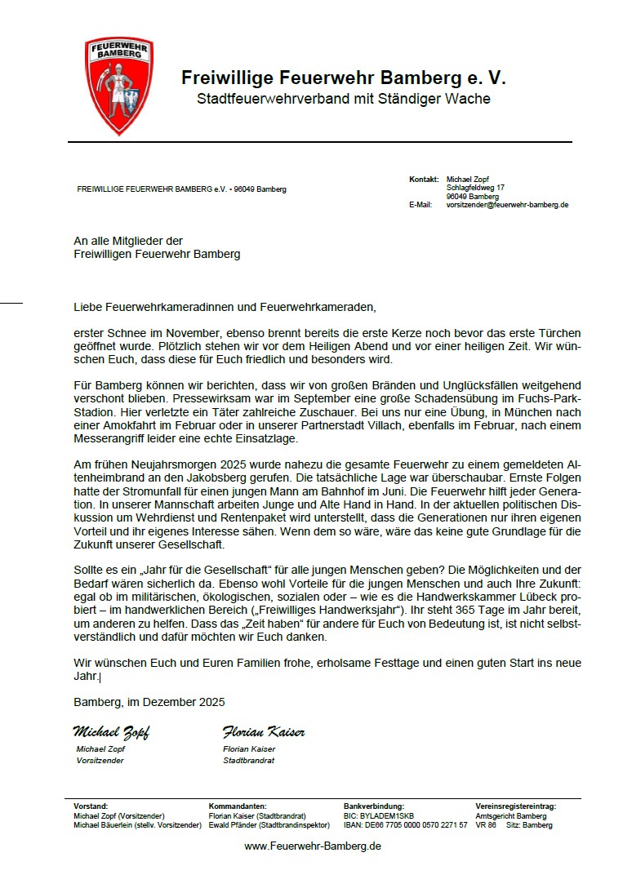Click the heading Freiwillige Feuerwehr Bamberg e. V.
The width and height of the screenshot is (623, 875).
click(x=343, y=78)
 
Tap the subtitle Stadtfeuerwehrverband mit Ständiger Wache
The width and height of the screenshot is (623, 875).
click(x=343, y=99)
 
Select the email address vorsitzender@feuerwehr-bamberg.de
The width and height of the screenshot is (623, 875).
click(x=507, y=205)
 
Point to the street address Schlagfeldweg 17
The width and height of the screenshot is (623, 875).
click(x=475, y=188)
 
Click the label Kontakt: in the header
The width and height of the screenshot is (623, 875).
click(x=424, y=179)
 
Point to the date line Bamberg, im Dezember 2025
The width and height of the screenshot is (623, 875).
click(x=149, y=702)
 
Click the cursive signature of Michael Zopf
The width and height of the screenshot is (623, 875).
click(x=111, y=731)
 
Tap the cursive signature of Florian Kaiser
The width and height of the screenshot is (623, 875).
click(x=263, y=731)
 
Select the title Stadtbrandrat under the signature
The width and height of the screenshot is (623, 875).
click(x=249, y=760)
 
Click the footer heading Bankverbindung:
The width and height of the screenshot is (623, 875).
click(x=374, y=806)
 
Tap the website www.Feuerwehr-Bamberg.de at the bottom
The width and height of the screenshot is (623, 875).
click(x=313, y=846)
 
